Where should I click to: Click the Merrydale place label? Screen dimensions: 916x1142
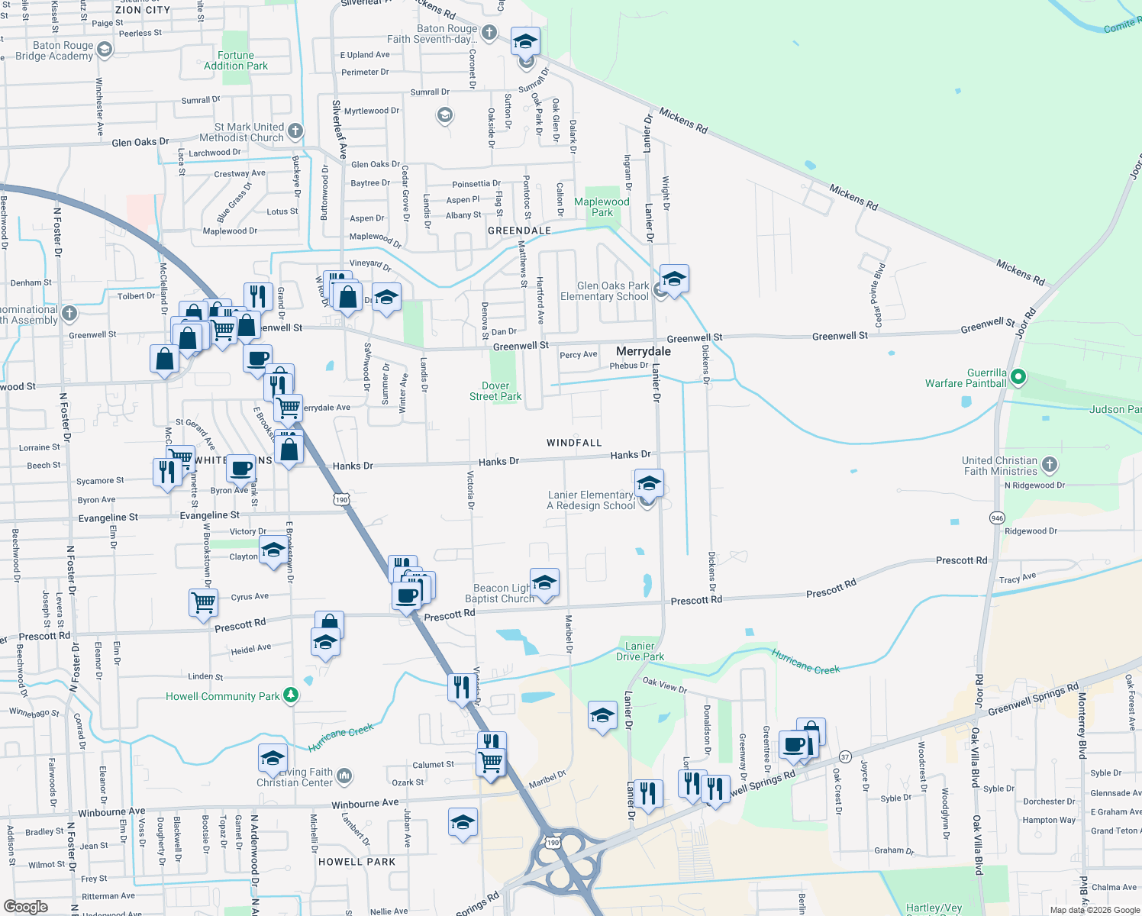coord(644,351)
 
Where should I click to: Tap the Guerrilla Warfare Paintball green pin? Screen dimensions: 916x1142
coord(1018,377)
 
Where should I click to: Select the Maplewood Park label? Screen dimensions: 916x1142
coord(602,207)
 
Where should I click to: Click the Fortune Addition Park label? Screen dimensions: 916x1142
coord(236,60)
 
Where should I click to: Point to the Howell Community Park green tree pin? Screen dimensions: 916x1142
coord(290,695)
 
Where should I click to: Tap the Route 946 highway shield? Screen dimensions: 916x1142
coord(997,518)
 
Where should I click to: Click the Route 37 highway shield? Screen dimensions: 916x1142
coord(844,756)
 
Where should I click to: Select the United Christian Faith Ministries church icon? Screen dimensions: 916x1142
coord(1050,464)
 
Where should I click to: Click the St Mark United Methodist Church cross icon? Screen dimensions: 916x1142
coord(295,131)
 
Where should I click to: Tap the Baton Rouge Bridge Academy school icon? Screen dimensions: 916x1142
coord(105,50)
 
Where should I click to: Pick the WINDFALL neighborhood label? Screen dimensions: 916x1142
coord(574,443)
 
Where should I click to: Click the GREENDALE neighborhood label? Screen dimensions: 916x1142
coord(519,231)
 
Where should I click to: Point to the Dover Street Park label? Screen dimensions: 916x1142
coord(495,391)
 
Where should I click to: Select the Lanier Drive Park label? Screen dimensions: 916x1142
coord(640,651)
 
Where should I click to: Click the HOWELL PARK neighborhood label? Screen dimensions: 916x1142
coord(356,862)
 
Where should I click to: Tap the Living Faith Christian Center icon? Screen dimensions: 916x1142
coord(344,776)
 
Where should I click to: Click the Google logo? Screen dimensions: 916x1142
coord(25,906)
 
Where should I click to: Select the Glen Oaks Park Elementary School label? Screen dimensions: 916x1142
coord(605,291)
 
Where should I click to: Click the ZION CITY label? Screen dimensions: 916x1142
coord(143,10)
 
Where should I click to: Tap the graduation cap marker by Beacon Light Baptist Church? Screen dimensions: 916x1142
coord(544,582)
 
